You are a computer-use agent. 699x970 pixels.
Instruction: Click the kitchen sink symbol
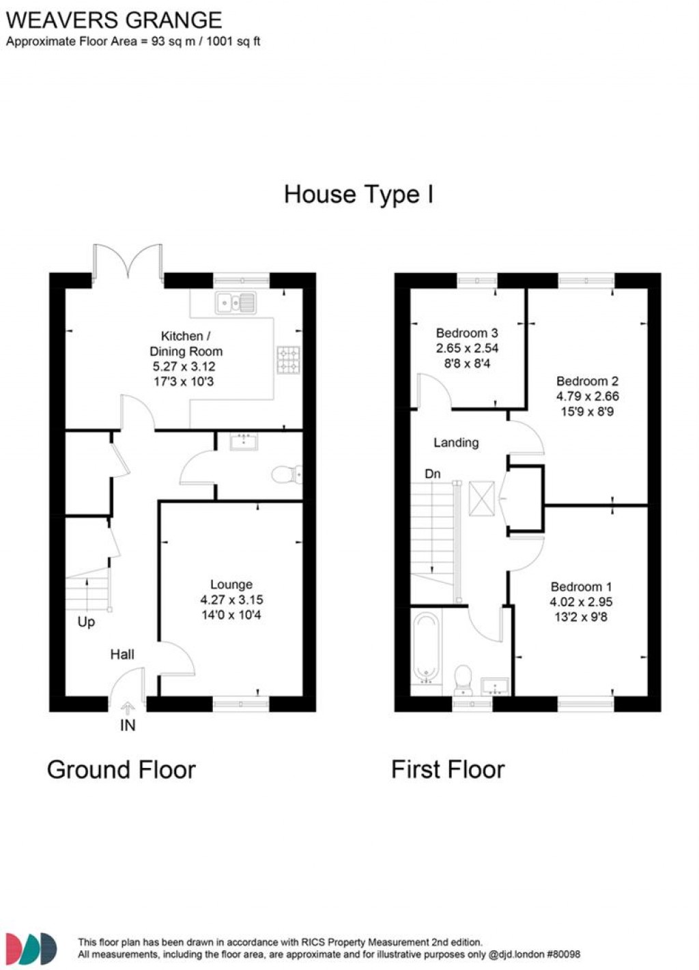[236, 302]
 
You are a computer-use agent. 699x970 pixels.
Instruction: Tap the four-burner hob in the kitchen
[288, 360]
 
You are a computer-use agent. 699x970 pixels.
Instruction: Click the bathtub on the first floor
[426, 647]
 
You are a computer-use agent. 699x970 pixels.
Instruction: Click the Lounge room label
[231, 584]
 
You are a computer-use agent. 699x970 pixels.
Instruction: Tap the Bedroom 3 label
[467, 333]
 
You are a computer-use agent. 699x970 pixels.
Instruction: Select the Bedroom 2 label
[587, 381]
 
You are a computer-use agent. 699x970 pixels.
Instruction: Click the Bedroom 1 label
[581, 586]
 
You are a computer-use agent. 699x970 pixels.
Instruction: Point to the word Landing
[456, 442]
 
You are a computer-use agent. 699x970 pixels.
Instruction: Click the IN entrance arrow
[128, 710]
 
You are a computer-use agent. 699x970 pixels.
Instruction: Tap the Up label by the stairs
[86, 622]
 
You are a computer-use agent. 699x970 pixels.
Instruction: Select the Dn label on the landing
[432, 474]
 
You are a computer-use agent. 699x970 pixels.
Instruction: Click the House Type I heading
[358, 195]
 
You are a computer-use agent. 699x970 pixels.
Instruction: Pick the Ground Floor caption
[122, 770]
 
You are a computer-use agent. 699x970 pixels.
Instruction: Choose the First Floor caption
[448, 770]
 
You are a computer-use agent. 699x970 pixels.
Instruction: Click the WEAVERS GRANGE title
[114, 20]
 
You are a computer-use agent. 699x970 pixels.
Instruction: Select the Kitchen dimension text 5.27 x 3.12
[184, 367]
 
